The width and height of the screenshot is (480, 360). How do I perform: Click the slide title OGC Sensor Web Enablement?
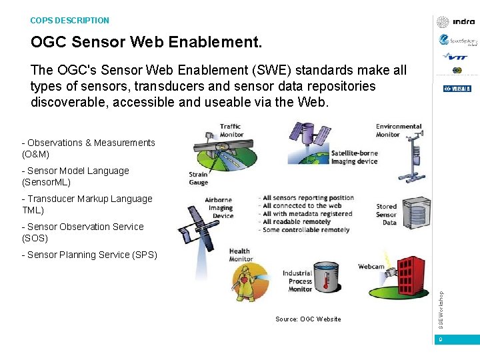tap(147, 43)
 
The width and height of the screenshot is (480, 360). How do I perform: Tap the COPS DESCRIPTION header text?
tap(69, 21)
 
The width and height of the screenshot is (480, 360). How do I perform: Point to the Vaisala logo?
tap(457, 88)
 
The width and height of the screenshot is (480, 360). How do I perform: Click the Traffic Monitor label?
tap(230, 130)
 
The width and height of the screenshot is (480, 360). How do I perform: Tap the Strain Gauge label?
tap(199, 179)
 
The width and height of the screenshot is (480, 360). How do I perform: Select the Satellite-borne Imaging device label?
tap(354, 157)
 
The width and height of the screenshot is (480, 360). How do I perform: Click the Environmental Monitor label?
tap(398, 130)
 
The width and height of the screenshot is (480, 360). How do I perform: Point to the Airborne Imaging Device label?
tap(219, 207)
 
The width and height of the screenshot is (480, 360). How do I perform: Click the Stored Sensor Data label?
tap(386, 215)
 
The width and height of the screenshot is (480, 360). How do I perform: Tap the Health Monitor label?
tap(240, 255)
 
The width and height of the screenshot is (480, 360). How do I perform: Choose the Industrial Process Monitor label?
tap(297, 281)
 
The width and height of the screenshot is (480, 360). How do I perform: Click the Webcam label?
tap(371, 267)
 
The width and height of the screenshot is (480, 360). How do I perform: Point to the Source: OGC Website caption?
tap(308, 319)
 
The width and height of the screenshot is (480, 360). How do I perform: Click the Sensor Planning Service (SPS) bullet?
tap(89, 255)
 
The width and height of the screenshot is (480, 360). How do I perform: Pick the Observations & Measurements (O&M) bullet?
tap(88, 148)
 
